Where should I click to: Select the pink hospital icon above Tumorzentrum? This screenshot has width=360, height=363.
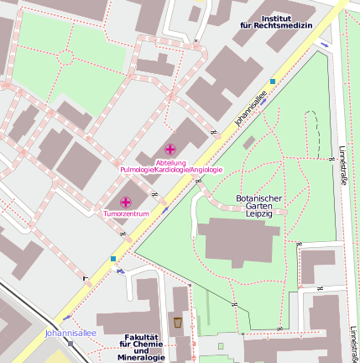(126, 202)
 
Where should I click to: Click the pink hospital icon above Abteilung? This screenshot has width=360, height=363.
(170, 149)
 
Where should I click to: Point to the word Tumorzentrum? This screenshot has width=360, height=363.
(126, 214)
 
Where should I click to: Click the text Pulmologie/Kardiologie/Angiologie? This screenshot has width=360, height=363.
(172, 170)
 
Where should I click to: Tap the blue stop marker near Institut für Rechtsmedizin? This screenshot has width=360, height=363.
(273, 82)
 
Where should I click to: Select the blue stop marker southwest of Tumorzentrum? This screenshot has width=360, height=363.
(114, 259)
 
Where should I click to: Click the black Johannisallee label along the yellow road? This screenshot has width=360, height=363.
(250, 109)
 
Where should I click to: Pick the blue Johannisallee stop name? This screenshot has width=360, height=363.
(70, 333)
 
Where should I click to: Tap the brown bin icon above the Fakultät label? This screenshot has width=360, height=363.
(177, 322)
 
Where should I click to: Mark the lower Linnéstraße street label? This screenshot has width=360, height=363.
(354, 343)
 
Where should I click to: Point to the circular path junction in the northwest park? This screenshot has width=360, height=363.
(65, 57)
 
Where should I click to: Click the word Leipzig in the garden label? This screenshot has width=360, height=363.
(258, 213)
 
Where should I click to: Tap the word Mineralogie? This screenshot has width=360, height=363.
(142, 359)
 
